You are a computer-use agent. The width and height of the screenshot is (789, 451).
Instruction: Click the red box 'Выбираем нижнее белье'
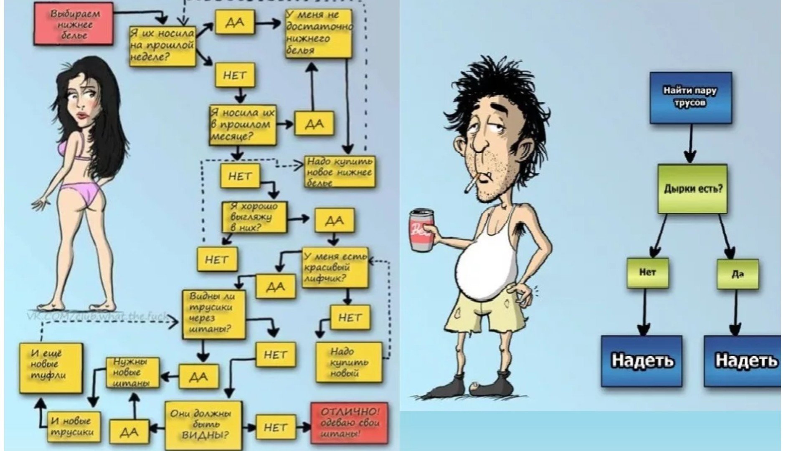pos(74,24)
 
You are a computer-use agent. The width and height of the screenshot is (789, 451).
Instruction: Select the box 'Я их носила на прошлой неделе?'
pos(162,45)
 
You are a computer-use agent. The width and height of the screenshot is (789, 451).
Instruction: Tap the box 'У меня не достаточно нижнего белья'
pos(319,33)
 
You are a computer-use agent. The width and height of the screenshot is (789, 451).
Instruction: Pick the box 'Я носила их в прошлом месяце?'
pos(243,124)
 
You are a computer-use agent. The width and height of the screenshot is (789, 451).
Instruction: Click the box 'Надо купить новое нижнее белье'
pos(339,171)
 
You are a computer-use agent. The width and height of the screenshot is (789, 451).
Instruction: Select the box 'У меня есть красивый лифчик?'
pos(335,267)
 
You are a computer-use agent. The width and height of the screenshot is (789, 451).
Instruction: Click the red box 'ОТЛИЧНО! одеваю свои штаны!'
pos(349,423)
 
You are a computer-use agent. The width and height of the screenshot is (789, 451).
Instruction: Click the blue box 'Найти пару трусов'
pos(690,98)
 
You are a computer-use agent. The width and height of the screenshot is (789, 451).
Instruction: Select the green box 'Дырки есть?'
pos(692,189)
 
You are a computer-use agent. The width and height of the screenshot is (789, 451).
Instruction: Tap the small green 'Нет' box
pos(647,273)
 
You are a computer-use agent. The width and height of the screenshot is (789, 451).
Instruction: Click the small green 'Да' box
pos(737,274)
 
